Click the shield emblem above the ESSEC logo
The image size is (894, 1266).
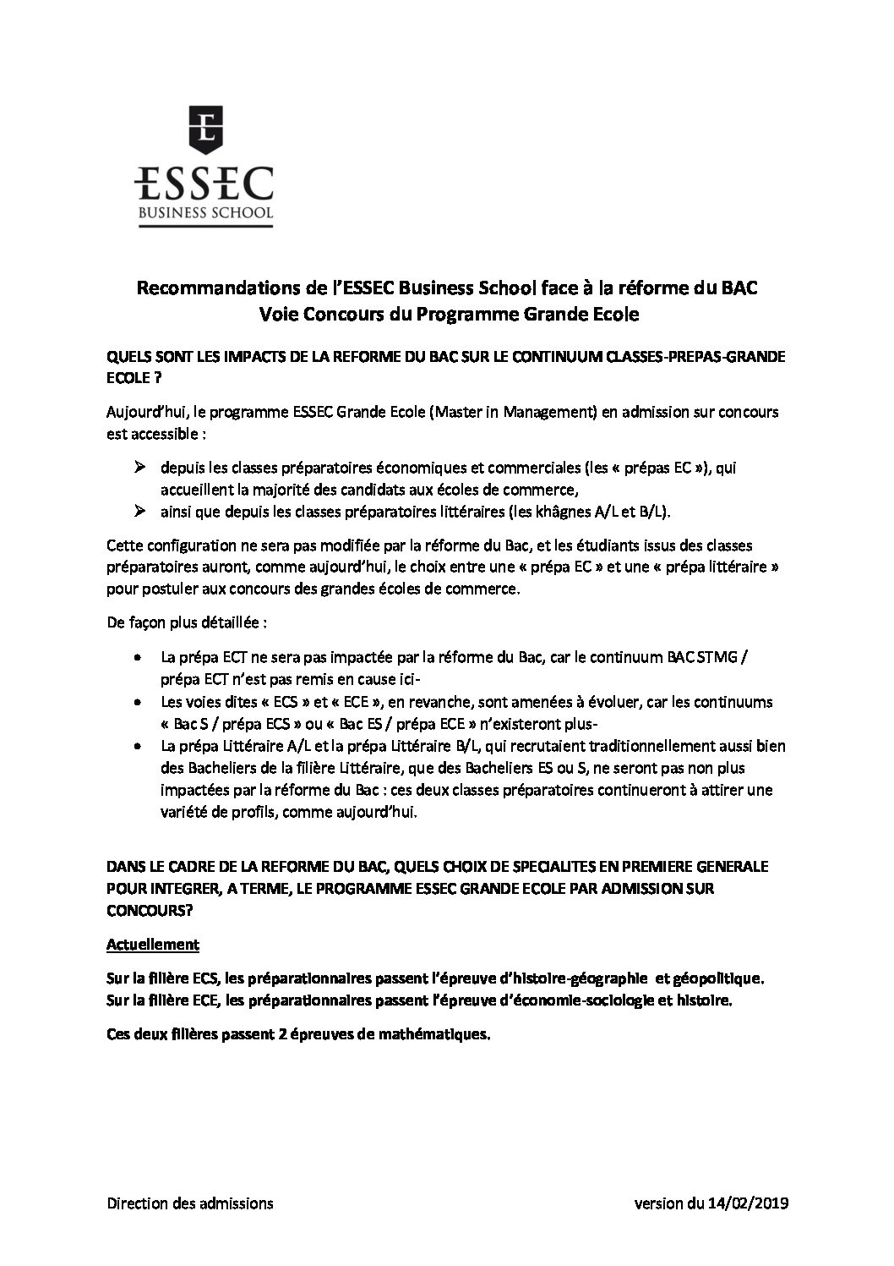205,128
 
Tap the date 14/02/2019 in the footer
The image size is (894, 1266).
747,1203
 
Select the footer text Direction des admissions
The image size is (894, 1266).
190,1203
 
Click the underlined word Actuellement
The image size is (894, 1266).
153,944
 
